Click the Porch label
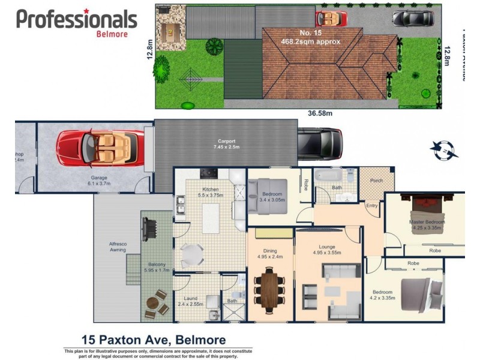coord(376,180)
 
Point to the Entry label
coord(372,206)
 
